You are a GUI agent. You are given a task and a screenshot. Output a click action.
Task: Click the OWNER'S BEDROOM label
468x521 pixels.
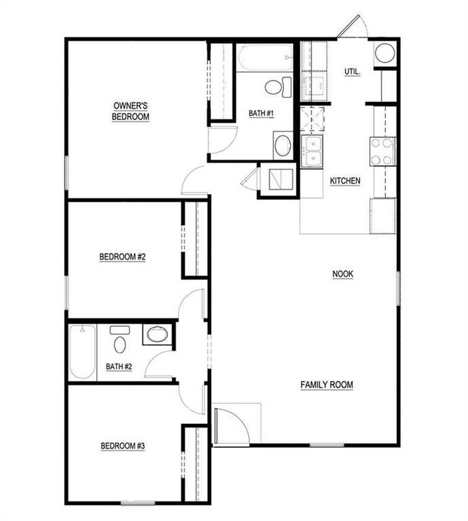(130, 111)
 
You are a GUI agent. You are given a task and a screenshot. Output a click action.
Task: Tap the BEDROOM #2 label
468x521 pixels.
(122, 257)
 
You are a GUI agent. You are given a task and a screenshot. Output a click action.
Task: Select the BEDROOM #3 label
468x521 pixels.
(122, 446)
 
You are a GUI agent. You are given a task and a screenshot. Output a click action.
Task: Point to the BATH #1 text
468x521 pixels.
(260, 113)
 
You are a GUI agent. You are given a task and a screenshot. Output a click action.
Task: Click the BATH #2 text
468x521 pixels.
(119, 366)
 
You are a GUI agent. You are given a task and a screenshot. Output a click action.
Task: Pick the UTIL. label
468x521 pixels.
(352, 72)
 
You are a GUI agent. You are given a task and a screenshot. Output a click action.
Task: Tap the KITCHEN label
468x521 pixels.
(345, 181)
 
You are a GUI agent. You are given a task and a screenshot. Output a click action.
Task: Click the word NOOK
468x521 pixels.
(343, 274)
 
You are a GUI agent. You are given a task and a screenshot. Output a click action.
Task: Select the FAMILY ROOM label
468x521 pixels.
(327, 385)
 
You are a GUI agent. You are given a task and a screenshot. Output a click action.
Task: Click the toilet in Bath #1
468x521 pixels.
(275, 88)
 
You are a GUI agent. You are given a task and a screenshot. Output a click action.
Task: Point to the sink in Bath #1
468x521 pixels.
(283, 144)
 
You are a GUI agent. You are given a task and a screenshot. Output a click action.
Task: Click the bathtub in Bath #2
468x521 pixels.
(82, 353)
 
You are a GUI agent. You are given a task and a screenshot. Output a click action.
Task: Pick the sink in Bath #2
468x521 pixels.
(156, 334)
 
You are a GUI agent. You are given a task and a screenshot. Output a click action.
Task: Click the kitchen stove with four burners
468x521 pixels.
(382, 151)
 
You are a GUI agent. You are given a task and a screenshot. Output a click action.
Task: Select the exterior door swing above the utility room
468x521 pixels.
(352, 27)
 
